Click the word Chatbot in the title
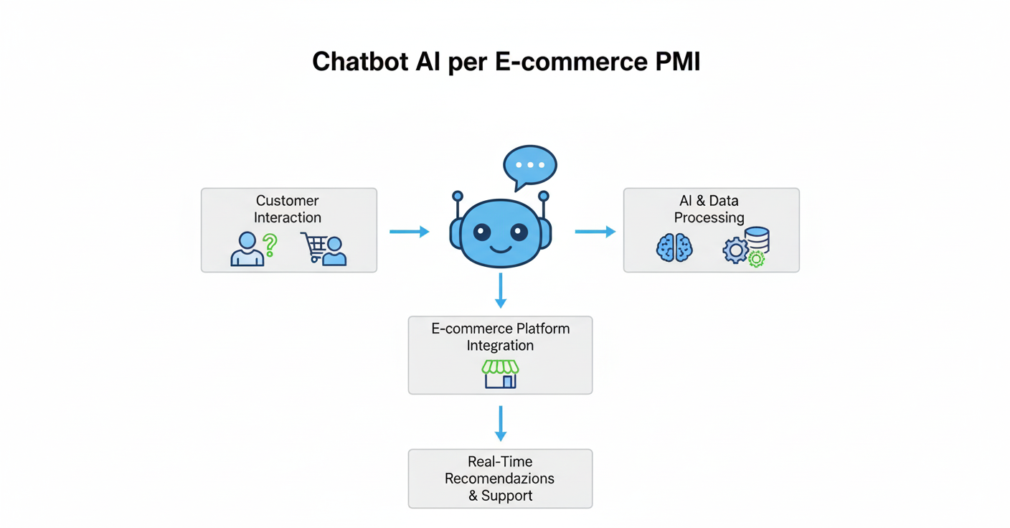362,62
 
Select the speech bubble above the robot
530,166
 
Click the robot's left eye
482,232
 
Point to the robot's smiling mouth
501,249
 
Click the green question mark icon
270,245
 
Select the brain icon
674,248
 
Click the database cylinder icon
757,240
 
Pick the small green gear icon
756,259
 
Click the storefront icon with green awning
501,374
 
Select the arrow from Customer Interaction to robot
409,232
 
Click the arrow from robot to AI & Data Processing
595,232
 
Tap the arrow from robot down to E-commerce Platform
501,290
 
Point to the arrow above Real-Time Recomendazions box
501,423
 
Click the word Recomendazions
500,478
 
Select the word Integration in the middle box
500,345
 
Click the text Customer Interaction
288,209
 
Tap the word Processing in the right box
709,217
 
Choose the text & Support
500,496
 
